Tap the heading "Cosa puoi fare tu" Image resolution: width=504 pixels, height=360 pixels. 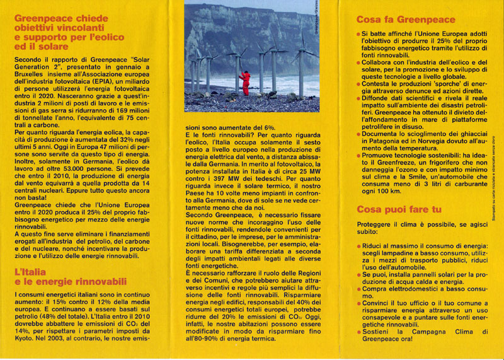(398, 209)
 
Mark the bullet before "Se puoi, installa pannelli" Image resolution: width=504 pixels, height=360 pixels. (358, 272)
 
